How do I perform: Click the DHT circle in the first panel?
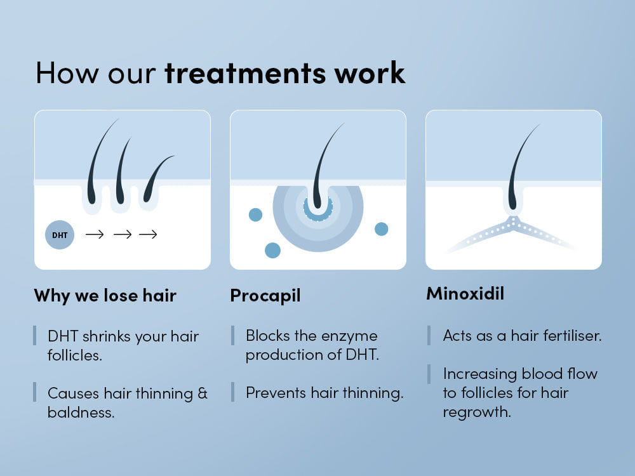pos(60,235)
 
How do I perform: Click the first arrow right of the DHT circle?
pos(95,235)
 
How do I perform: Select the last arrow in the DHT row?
pos(148,235)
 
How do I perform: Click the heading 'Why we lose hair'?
pos(105,295)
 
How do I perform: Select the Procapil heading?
pos(265,295)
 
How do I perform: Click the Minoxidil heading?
pos(465,294)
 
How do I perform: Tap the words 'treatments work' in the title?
pos(284,72)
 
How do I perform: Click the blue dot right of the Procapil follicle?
pos(382,229)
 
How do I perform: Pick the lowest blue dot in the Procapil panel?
pos(272,250)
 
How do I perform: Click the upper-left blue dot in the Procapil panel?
pos(255,215)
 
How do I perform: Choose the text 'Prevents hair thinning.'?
pos(324,393)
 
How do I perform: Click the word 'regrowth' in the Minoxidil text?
pos(476,412)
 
